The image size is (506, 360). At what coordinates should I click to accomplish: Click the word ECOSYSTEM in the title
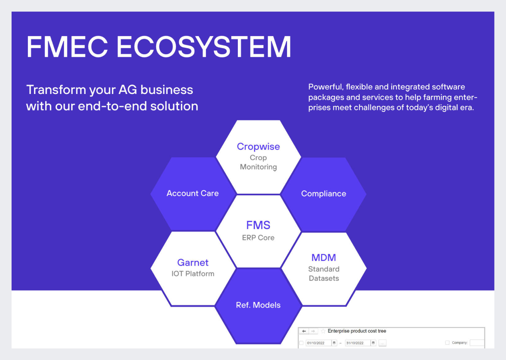(x=204, y=47)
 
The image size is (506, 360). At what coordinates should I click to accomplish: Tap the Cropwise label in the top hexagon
(x=258, y=147)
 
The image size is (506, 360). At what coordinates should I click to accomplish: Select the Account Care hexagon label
(x=192, y=193)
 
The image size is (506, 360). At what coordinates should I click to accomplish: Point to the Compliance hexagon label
(x=323, y=194)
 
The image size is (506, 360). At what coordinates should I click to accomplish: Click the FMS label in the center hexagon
(x=258, y=225)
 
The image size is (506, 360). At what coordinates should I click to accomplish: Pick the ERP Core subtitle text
(x=258, y=237)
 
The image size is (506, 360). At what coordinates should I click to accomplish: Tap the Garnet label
(x=193, y=263)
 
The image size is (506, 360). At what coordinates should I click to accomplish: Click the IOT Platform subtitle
(x=193, y=274)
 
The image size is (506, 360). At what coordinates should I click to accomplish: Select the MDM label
(x=323, y=258)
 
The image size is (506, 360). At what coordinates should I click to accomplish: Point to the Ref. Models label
(x=258, y=305)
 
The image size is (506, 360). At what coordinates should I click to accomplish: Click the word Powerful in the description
(x=326, y=87)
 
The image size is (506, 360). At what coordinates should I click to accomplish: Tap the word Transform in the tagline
(x=56, y=90)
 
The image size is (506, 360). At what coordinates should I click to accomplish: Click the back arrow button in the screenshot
(x=304, y=331)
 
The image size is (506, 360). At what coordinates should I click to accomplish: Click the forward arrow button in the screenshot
(x=313, y=331)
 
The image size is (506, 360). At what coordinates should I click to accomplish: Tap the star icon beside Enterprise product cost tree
(x=323, y=331)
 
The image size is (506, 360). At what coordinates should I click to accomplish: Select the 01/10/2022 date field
(x=318, y=343)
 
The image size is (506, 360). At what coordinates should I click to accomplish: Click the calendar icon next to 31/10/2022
(x=373, y=343)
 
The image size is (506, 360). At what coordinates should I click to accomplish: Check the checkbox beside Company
(x=447, y=343)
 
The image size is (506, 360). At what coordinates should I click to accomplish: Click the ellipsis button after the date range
(x=382, y=343)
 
